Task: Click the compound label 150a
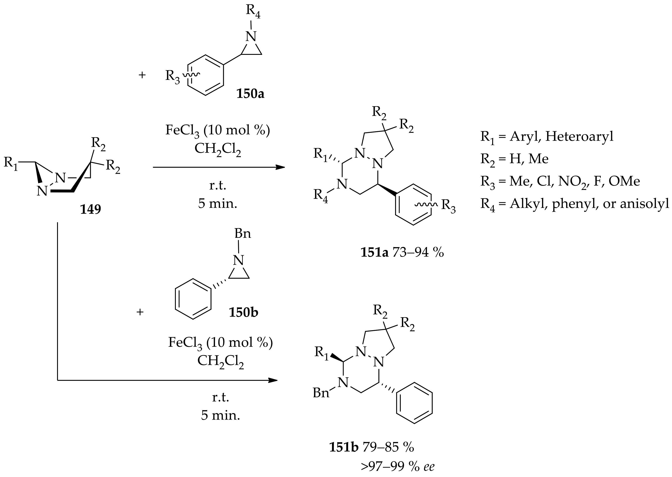pyautogui.click(x=250, y=94)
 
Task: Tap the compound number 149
pyautogui.click(x=91, y=209)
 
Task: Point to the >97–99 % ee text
pyautogui.click(x=397, y=466)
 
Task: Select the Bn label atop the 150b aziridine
pyautogui.click(x=242, y=234)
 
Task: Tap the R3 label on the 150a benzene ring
pyautogui.click(x=173, y=76)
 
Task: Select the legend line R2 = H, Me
pyautogui.click(x=514, y=159)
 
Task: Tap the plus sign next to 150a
pyautogui.click(x=142, y=75)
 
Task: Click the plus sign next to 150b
pyautogui.click(x=140, y=312)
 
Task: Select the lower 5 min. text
pyautogui.click(x=220, y=415)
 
